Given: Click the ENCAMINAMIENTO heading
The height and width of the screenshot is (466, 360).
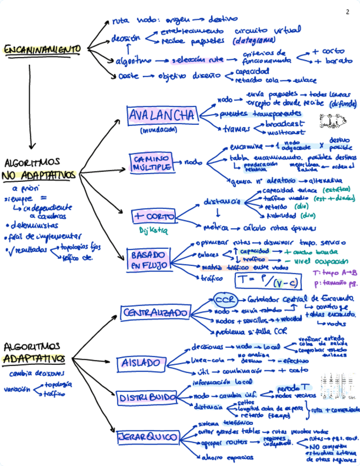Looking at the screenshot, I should click(42, 50).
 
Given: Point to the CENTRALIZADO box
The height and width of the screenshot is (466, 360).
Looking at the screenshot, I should click(156, 313).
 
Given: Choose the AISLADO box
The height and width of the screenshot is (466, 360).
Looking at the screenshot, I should click(140, 363).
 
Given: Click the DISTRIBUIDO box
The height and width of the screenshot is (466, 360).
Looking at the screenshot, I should click(147, 397).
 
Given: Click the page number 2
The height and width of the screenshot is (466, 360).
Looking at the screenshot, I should click(347, 12).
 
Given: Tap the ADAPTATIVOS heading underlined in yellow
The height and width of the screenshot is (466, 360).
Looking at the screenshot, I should click(34, 359).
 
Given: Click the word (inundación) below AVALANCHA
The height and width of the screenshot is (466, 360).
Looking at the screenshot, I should click(158, 131).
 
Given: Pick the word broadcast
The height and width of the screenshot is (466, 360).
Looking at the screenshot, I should click(286, 124).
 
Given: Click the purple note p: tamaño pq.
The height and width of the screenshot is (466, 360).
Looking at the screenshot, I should click(335, 284).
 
